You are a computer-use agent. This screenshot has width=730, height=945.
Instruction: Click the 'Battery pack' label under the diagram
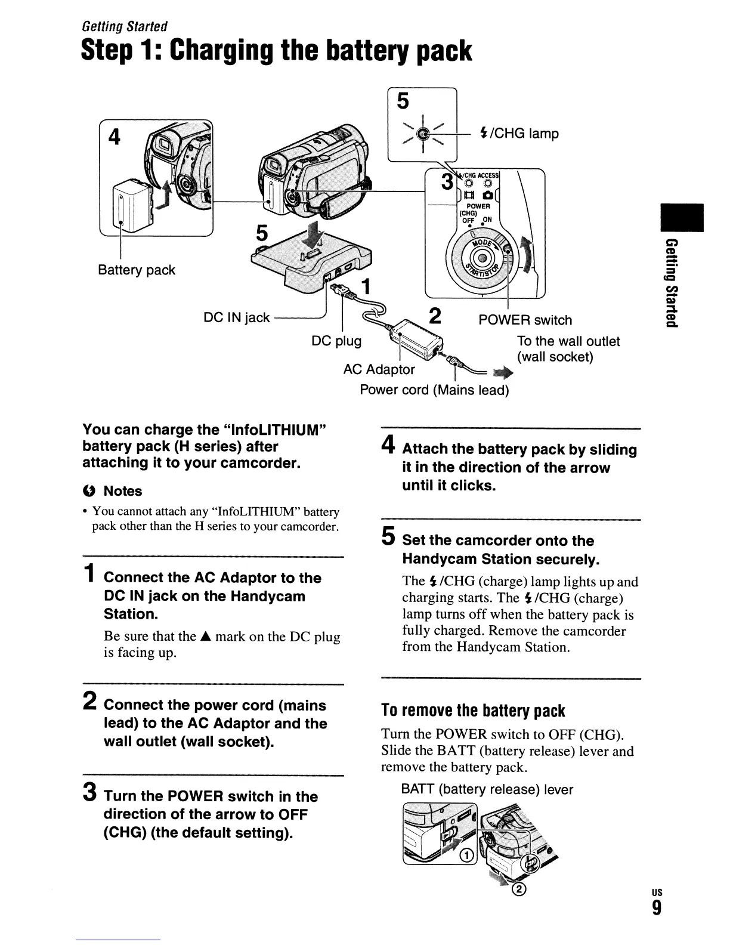[x=137, y=270]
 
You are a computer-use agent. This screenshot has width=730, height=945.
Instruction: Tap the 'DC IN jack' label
[x=237, y=318]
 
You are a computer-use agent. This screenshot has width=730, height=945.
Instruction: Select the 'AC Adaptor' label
[x=379, y=369]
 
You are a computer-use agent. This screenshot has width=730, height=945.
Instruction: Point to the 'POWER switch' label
[x=525, y=320]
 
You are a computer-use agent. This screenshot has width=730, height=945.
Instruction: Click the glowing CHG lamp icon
[x=422, y=134]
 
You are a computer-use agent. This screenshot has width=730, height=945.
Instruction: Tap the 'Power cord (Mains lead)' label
[x=434, y=390]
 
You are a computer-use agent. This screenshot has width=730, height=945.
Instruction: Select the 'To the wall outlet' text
[x=568, y=341]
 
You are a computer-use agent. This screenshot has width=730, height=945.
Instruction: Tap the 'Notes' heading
[x=123, y=491]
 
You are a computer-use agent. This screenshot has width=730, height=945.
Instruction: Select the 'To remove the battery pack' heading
[x=472, y=711]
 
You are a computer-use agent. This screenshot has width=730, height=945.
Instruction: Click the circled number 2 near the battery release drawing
[x=520, y=890]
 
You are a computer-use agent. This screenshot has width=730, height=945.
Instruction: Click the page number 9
[x=657, y=908]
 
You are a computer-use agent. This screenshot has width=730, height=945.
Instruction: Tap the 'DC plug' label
[x=336, y=341]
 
